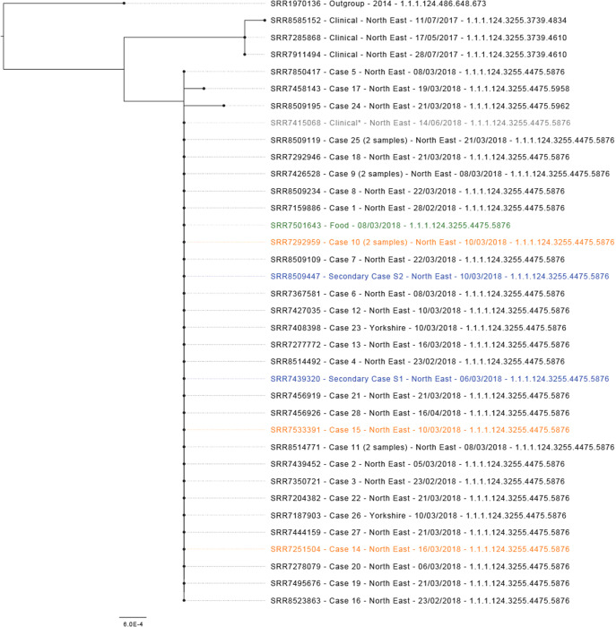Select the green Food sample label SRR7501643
(x=390, y=226)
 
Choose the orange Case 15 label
(x=420, y=430)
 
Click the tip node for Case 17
(x=204, y=89)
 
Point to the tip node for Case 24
(x=222, y=106)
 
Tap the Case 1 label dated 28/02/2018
(x=417, y=209)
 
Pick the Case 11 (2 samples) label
(x=442, y=447)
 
